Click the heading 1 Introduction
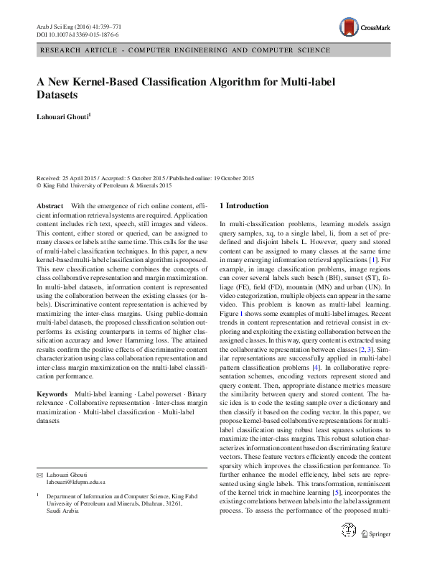244,205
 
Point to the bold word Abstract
50,205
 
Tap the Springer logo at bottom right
375,554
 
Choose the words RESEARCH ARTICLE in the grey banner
76,51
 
